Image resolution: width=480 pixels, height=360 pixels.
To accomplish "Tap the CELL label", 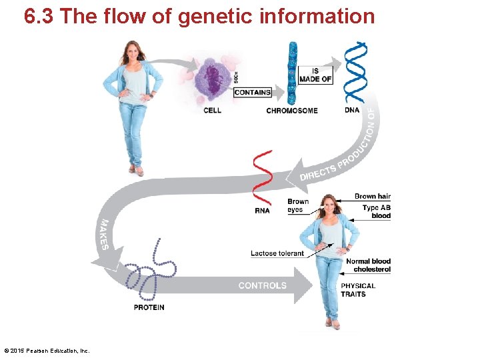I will click(x=213, y=111).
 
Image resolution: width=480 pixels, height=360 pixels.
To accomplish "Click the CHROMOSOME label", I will click(x=292, y=111).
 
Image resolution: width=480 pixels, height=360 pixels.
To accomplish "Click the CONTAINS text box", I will click(x=253, y=93).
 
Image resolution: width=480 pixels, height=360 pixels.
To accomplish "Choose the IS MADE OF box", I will click(x=315, y=75).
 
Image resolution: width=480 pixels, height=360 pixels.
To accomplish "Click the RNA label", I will click(x=262, y=211).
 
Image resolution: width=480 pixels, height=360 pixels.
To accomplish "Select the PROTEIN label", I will click(x=149, y=307).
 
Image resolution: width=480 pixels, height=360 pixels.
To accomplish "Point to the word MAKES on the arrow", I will click(x=104, y=234).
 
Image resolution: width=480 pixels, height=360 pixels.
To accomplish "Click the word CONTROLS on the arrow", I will click(x=263, y=285).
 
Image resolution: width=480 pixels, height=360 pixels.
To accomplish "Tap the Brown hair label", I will click(x=373, y=197).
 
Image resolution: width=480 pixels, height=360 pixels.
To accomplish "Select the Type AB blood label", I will click(x=377, y=212).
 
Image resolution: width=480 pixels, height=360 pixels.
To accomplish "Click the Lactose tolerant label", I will click(x=277, y=253).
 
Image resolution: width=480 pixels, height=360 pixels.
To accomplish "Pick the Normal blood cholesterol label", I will click(x=368, y=265).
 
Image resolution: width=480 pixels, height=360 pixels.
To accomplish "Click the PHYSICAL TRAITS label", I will click(x=358, y=290).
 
